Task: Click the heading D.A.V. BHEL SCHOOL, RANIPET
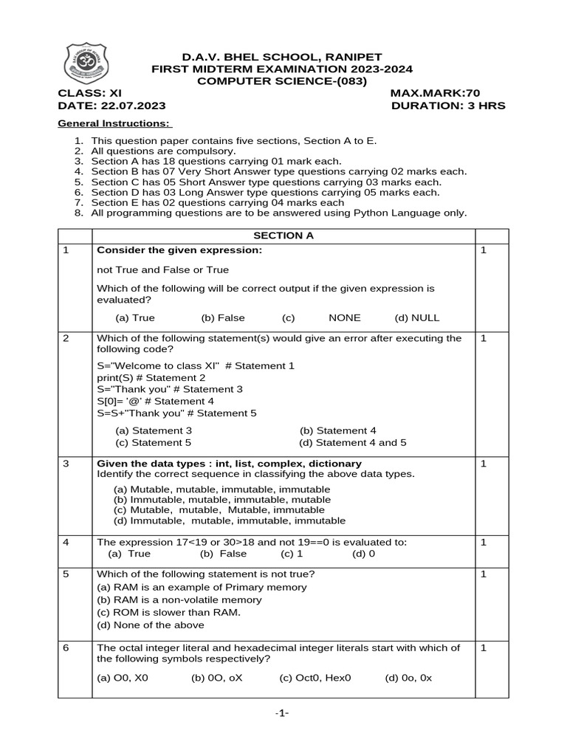[282, 57]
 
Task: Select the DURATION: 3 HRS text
[449, 106]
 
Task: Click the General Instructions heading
[114, 123]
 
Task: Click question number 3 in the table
[66, 464]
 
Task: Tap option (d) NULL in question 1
[416, 317]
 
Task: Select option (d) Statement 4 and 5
[353, 443]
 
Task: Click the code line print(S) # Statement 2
[151, 377]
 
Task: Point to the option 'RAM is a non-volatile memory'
[179, 600]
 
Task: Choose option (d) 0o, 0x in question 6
[408, 677]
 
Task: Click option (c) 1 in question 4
[292, 554]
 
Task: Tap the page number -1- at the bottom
[282, 713]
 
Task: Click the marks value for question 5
[484, 574]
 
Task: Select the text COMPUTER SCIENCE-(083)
[282, 81]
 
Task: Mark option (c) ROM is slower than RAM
[169, 613]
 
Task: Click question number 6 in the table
[66, 647]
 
